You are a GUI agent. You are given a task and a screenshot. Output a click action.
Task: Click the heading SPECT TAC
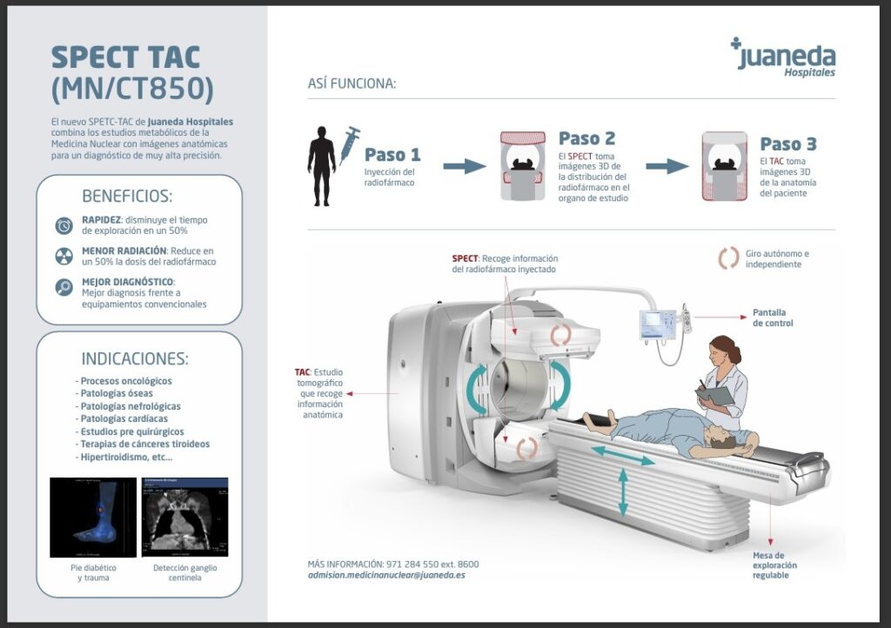tap(125, 57)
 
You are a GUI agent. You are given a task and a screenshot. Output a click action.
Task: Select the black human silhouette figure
tap(321, 165)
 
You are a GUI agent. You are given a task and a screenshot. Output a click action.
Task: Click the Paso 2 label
tap(586, 138)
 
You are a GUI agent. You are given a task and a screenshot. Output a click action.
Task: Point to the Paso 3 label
tap(788, 144)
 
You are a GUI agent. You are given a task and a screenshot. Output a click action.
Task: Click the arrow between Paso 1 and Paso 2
tap(465, 166)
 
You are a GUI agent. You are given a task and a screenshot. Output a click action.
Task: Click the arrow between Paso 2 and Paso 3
tap(667, 166)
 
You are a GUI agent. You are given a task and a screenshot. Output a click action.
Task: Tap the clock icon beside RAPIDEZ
tap(64, 225)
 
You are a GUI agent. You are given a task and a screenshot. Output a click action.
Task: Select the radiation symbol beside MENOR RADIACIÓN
tap(64, 256)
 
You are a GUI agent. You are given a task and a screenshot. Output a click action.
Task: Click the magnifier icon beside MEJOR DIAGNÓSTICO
tap(64, 287)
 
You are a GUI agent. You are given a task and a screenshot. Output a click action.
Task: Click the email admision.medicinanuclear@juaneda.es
tap(386, 576)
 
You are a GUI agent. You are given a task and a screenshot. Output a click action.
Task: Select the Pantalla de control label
tap(773, 317)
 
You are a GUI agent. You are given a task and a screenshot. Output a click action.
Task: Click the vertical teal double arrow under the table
tap(623, 492)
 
